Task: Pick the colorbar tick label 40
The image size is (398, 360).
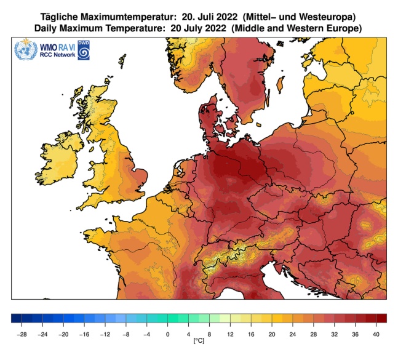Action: pos(375,334)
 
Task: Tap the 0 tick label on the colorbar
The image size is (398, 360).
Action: pos(167,334)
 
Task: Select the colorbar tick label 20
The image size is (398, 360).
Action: pos(271,334)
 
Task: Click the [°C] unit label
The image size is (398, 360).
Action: pos(198,340)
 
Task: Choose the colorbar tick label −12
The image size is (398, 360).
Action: pos(105,334)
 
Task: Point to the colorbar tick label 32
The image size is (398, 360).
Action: pos(333,334)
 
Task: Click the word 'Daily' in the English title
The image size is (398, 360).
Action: pos(47,29)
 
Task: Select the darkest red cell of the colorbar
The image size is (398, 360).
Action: pos(381,319)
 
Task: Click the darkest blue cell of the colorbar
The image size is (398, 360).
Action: pos(16,319)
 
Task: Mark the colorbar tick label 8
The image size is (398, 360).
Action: pos(209,334)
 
